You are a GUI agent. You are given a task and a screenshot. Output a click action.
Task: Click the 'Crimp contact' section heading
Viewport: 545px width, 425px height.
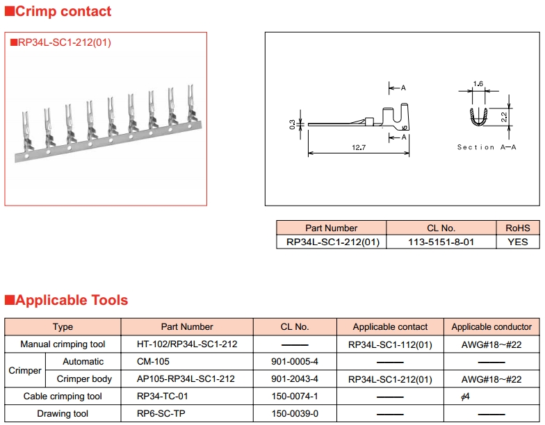63,11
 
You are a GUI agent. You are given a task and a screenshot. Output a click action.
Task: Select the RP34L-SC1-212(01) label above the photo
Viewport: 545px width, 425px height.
64,42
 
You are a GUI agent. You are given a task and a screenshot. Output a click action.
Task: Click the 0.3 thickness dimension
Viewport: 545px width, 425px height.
292,124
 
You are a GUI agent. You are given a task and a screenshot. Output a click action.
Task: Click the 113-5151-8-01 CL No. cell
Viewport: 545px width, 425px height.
441,242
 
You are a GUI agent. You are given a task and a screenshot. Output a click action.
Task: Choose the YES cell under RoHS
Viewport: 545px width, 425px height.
517,242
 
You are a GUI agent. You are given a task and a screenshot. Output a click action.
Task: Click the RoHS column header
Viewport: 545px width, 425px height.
517,228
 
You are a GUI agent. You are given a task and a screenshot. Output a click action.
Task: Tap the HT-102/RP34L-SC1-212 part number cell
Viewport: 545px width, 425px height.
187,344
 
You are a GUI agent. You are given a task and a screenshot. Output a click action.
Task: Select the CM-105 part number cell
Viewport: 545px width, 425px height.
154,361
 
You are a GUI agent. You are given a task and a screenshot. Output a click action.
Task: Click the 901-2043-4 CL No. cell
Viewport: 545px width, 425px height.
295,378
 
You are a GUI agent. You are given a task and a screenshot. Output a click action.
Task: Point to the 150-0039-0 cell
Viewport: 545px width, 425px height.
295,413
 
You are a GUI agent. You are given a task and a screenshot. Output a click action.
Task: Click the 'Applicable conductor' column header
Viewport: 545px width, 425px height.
491,326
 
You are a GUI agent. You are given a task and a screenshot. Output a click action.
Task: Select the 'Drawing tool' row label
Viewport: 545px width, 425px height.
63,413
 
